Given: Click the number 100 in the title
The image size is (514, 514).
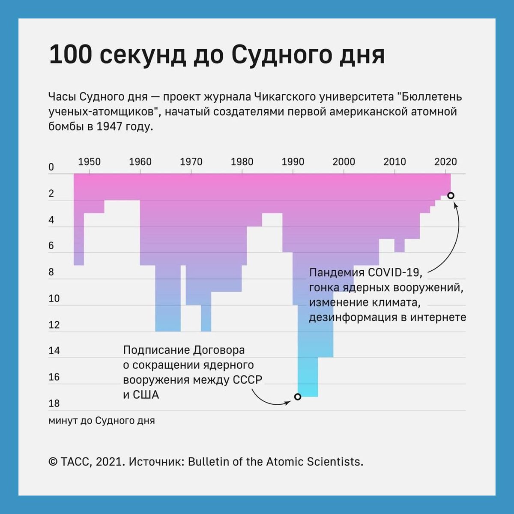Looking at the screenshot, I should coord(70,55).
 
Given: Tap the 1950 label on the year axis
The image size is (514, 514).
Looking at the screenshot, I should coord(89,162).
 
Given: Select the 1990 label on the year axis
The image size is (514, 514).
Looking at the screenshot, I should coord(293,162).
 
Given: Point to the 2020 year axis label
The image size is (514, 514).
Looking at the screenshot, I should coord(445,162).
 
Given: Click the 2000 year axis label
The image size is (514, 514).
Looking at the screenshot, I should coord(344,162).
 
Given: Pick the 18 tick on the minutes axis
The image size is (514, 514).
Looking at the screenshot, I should coord(54,403).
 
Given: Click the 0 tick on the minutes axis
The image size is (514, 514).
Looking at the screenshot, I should coord(51,167).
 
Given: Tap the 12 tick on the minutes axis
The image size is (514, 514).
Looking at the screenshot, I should coord(54,325).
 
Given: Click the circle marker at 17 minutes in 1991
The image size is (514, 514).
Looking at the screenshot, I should coord(298,397).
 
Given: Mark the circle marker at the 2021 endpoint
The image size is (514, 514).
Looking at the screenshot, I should coord(451,195).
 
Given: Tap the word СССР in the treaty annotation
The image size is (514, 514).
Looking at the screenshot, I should coord(247,380).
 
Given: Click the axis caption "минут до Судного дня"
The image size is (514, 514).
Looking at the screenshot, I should coord(102,421).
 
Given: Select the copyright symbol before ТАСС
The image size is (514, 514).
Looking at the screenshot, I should coord(53,462).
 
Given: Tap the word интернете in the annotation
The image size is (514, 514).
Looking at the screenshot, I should coord(438,317).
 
